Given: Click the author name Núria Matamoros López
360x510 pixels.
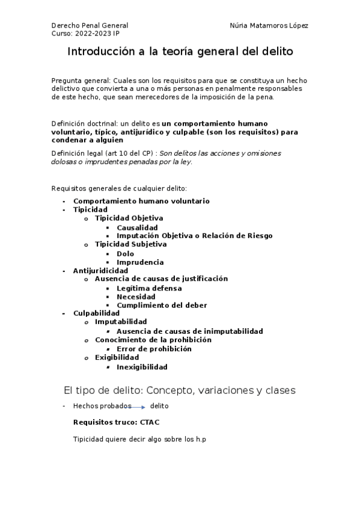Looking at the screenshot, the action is (269, 26).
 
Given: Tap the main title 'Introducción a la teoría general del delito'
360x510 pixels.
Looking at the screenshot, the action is (180, 52).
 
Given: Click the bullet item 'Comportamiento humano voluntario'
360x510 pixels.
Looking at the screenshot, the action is (141, 201).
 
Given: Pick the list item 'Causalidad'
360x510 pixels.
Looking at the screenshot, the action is (137, 227).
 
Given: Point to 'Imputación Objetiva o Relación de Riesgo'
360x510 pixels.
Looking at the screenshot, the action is (194, 236).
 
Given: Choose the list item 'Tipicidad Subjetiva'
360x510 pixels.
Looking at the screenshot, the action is (130, 244).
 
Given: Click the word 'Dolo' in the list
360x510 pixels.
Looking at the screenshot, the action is (126, 254).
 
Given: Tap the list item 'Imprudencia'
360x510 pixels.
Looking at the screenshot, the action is (140, 262).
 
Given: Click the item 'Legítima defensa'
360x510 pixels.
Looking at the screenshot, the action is (149, 288).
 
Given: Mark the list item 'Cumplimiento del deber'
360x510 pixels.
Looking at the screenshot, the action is (162, 306).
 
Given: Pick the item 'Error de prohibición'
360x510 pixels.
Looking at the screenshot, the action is (154, 349).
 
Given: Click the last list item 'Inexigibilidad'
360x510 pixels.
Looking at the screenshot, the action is (142, 367).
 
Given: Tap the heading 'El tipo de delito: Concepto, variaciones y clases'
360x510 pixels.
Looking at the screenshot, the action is (180, 390).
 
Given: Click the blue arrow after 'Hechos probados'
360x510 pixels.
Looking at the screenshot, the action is (140, 407).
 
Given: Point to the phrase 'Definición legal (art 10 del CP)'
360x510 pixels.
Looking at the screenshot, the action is (104, 153).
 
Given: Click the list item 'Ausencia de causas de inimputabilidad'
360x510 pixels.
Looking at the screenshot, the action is (189, 331).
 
